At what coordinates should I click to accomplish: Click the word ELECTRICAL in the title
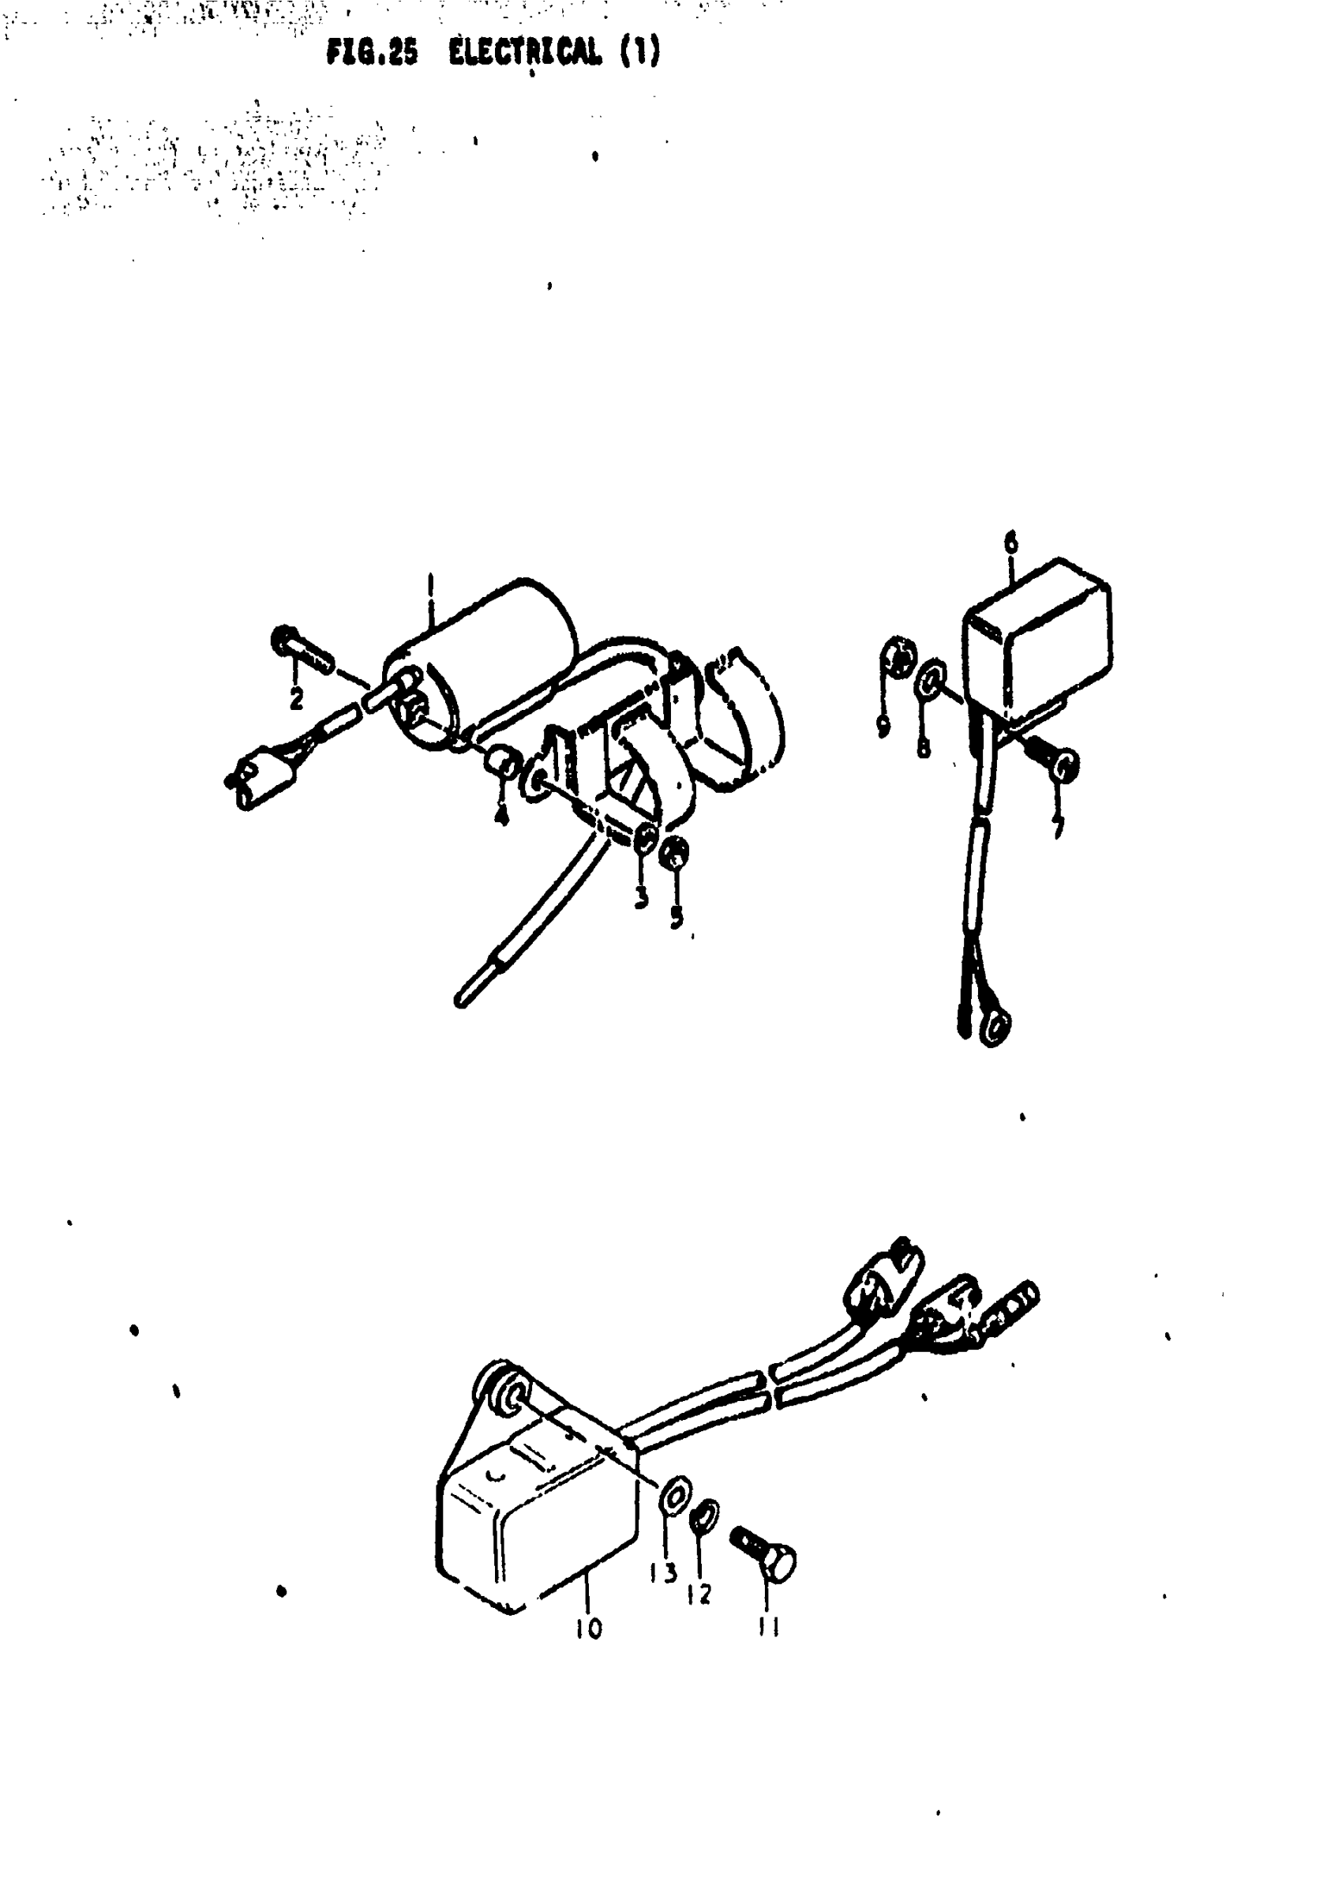point(525,53)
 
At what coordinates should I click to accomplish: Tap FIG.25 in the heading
point(372,53)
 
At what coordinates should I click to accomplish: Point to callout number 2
point(296,698)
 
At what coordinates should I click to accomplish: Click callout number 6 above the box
point(1010,544)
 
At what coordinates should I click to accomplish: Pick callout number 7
point(1059,826)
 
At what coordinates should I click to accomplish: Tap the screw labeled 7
point(1051,758)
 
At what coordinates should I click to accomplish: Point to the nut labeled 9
point(897,657)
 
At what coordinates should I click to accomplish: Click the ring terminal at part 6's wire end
point(997,1029)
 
